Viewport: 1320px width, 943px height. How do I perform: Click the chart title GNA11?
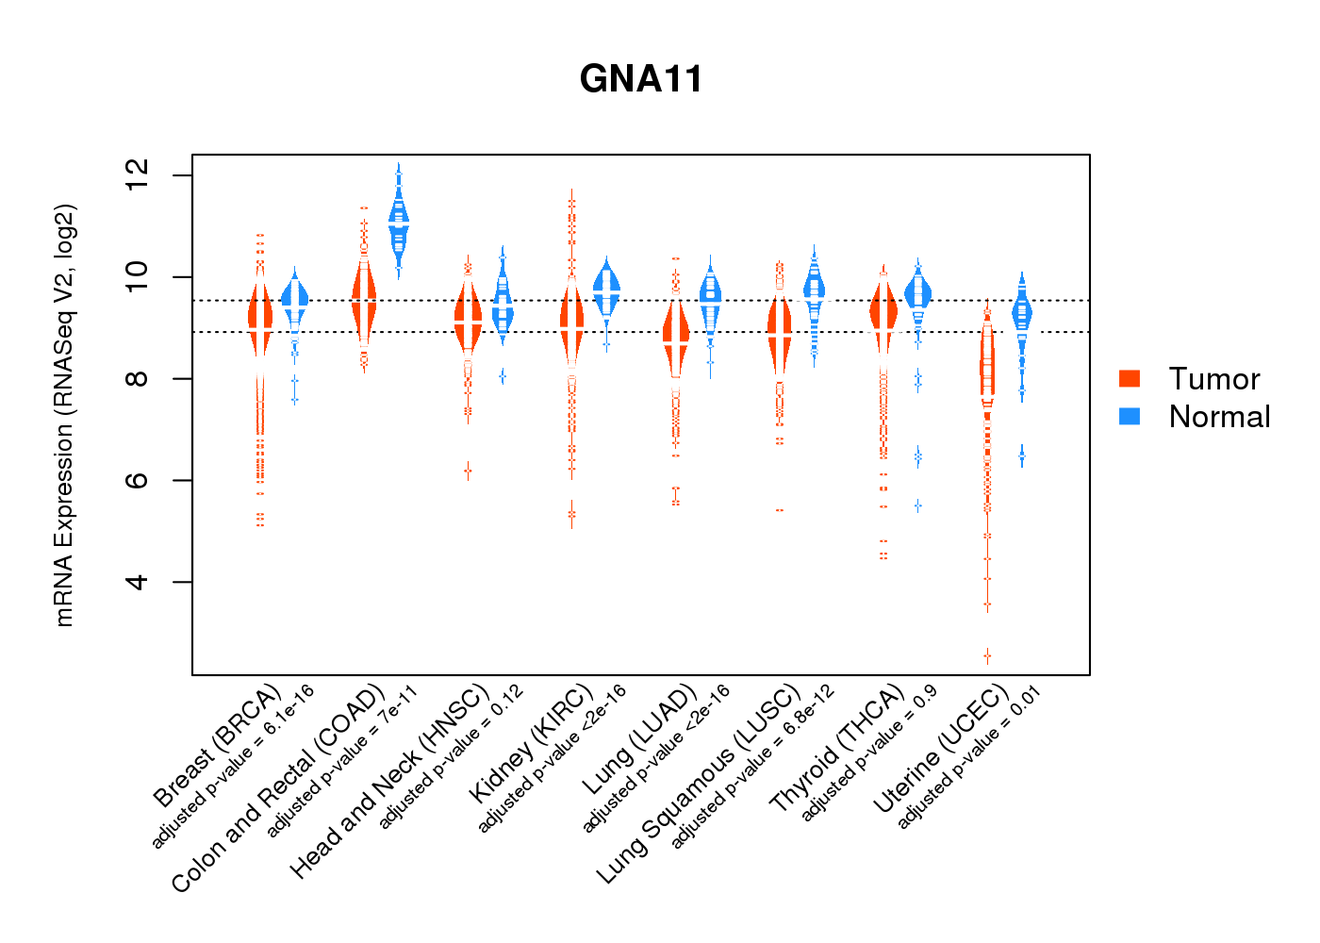(641, 79)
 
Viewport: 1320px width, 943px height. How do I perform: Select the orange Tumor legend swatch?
(1130, 378)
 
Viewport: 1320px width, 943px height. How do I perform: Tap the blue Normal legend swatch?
(1130, 416)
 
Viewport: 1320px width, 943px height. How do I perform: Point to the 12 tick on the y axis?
(137, 175)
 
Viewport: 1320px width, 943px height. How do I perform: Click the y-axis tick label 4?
(137, 582)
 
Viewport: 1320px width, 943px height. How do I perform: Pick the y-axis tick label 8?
(137, 378)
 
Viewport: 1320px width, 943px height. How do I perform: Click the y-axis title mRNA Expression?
(64, 415)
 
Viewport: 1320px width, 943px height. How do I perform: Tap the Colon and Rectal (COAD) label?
(278, 787)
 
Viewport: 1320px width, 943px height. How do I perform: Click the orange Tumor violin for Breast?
(260, 316)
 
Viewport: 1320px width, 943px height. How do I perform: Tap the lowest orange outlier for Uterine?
(987, 654)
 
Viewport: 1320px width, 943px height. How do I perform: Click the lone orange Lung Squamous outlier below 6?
(780, 510)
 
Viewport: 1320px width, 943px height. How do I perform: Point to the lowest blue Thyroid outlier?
(917, 506)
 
